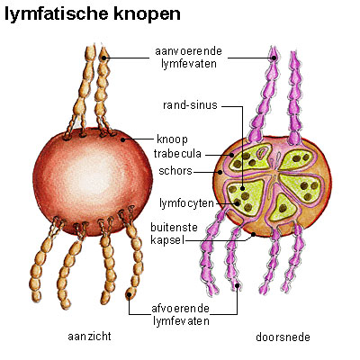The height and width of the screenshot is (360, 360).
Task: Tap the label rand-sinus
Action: pos(190,105)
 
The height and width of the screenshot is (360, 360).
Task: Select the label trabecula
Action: pos(177,154)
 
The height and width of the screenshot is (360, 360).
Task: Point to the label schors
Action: pos(175,171)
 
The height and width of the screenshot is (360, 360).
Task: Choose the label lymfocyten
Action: pos(186,203)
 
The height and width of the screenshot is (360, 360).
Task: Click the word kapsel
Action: pos(167,240)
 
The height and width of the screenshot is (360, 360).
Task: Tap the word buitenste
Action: pos(174,227)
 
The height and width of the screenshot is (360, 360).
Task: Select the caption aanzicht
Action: pos(89,336)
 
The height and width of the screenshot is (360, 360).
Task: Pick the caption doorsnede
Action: pos(283,337)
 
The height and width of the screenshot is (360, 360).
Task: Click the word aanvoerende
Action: pos(188,51)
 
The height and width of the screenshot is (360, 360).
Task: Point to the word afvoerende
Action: pos(180,309)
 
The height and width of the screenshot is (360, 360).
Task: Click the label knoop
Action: pos(173,139)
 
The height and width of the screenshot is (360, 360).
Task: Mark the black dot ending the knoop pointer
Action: pos(122,139)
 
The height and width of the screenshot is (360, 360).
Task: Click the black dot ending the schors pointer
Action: pos(220,172)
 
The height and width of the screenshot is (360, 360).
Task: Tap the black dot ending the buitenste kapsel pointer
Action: pos(254,234)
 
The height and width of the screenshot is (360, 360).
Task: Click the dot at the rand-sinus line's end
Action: pos(242,189)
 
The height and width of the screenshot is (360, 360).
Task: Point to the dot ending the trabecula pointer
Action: pos(232,155)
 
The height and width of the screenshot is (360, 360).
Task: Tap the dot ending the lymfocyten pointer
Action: pos(238,203)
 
